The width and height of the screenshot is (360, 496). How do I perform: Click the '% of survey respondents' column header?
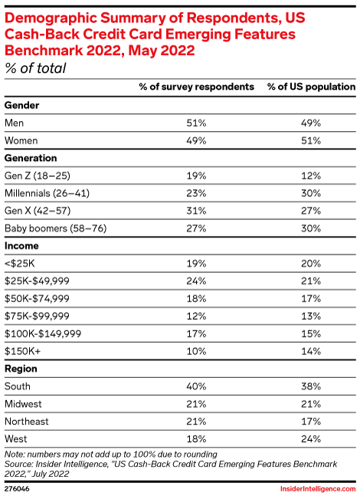coord(196,87)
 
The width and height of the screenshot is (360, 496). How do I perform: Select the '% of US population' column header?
coord(311,87)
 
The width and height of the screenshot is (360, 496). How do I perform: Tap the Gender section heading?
coord(21,105)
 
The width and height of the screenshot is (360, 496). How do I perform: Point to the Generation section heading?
coord(31,158)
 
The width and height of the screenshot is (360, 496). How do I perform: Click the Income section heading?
coord(21,246)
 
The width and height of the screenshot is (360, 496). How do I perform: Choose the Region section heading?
coord(21,369)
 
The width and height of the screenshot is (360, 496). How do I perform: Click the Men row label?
coord(15,123)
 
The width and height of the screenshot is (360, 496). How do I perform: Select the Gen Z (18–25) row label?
coord(38,176)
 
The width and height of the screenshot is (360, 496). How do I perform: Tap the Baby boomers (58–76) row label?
coord(56,228)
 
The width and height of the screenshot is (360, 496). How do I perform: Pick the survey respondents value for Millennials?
coord(196,193)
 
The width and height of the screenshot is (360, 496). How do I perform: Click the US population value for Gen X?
coord(311,211)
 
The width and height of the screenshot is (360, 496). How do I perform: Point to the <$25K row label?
coord(20,263)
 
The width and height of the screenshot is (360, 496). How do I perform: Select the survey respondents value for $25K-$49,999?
coord(196,281)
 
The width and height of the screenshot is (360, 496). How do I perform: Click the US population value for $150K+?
coord(311,351)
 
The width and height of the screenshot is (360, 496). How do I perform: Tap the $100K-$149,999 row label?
coord(43,333)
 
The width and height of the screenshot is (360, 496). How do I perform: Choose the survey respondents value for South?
coord(196,386)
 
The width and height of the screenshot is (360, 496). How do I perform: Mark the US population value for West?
coord(311,439)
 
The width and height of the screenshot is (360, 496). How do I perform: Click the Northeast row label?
coord(27,422)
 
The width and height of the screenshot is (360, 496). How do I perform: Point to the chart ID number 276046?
coord(17,489)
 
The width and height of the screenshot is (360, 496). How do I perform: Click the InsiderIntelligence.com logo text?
coord(318,489)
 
